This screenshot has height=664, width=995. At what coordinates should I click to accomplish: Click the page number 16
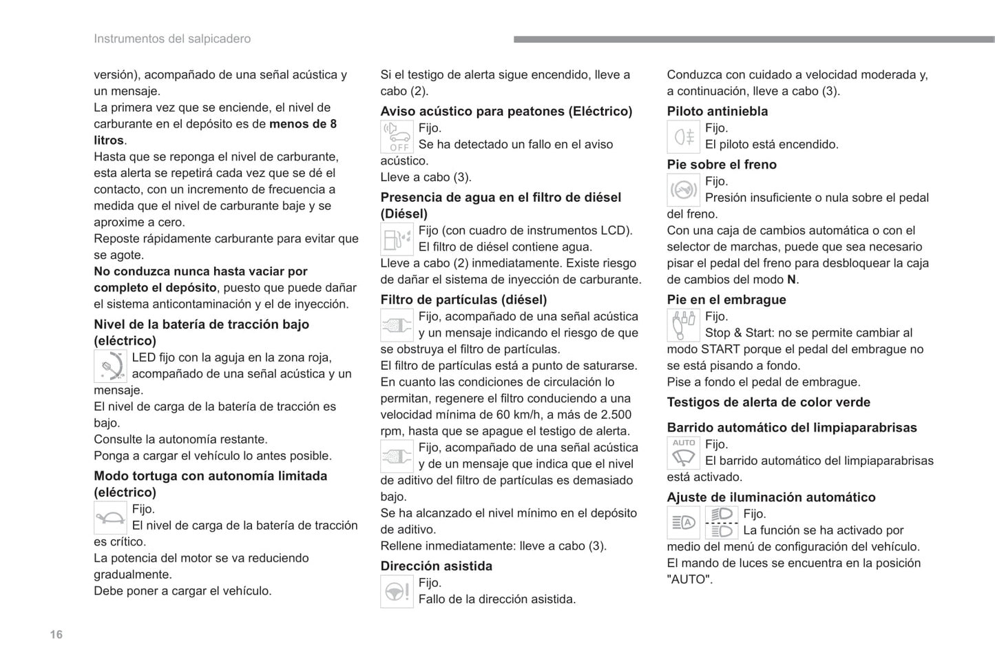[56, 634]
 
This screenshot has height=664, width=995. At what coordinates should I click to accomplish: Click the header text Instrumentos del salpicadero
[172, 39]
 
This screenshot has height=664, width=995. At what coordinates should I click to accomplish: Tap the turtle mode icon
[110, 518]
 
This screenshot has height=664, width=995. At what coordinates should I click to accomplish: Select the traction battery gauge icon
[110, 366]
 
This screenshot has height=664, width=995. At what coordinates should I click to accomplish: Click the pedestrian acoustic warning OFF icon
[397, 136]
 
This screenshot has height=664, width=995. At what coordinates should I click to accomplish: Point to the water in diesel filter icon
[397, 239]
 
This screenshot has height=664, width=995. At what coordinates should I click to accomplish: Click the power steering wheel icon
[397, 592]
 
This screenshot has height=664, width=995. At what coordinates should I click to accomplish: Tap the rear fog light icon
[684, 136]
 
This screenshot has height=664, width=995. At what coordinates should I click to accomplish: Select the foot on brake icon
[684, 189]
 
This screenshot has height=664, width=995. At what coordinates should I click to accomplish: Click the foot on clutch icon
[684, 325]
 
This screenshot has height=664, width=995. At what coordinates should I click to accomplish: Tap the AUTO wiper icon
[684, 453]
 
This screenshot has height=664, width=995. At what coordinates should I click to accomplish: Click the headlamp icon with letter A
[684, 523]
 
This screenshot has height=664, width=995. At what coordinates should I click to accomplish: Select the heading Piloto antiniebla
[718, 111]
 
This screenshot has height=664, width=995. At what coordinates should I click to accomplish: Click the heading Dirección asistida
[437, 566]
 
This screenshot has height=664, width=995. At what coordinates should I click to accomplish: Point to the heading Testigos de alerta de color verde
[768, 402]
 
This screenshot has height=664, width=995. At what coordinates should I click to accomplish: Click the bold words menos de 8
[303, 124]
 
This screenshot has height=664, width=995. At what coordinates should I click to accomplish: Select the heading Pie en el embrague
[726, 300]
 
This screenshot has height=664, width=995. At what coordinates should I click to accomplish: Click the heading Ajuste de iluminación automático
[771, 497]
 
